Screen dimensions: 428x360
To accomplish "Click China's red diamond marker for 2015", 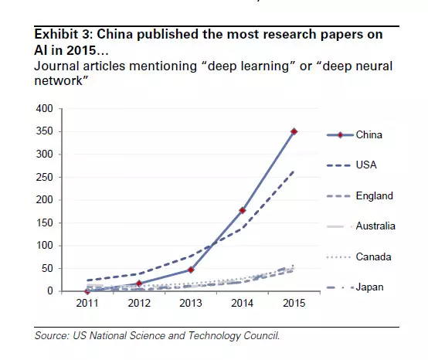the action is [294, 131].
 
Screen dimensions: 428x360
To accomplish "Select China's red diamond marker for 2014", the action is [242, 210].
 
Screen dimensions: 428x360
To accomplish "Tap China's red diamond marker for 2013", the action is [191, 270].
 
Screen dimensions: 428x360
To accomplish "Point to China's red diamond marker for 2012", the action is [139, 284].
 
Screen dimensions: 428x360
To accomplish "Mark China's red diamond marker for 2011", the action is [87, 291].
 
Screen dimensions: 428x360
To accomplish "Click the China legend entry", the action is [355, 135].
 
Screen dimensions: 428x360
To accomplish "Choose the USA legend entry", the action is [352, 165].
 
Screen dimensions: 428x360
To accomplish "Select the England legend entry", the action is [360, 196].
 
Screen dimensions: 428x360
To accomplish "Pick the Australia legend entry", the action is [361, 226].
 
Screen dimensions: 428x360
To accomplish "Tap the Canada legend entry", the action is [358, 256].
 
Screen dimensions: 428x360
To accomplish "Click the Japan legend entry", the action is [355, 287].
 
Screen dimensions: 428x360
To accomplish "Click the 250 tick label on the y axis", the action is [45, 177].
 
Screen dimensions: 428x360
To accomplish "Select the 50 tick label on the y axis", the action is [47, 268].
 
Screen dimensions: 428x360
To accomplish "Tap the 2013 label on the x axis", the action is [191, 304].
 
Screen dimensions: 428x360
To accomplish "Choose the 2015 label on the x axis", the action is [294, 304].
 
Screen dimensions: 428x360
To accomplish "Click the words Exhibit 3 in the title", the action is [63, 35].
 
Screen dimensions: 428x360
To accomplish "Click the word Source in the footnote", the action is [52, 335].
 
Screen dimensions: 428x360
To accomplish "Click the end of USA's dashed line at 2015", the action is [294, 172].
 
